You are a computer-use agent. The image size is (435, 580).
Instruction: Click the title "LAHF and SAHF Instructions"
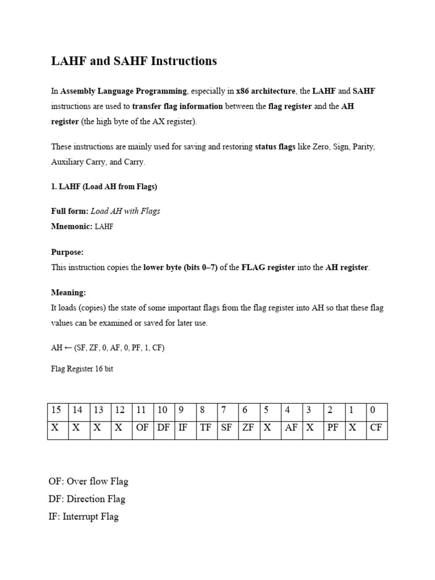tap(134, 61)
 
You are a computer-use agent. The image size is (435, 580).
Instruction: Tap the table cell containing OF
tap(142, 428)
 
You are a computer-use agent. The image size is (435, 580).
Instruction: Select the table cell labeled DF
tap(163, 428)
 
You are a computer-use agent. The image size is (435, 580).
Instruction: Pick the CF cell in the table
tap(376, 428)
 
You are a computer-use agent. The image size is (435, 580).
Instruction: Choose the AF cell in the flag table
tap(291, 428)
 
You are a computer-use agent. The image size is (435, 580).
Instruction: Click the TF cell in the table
tap(206, 428)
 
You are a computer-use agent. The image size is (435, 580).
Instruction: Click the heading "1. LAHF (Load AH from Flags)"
tap(104, 186)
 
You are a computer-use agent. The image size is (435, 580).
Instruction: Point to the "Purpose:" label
tap(67, 252)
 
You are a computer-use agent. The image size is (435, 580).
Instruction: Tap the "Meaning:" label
tap(69, 293)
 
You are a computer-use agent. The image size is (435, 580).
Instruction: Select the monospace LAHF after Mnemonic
tap(104, 226)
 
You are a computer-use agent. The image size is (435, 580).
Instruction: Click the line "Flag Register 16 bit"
tap(82, 368)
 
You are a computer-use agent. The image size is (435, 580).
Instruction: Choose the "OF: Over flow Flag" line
tap(88, 481)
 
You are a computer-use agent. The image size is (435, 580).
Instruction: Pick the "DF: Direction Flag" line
tap(87, 499)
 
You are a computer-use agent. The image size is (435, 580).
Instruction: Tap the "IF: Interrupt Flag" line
tap(83, 517)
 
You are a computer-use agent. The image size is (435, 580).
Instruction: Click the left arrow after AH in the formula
tap(67, 348)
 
